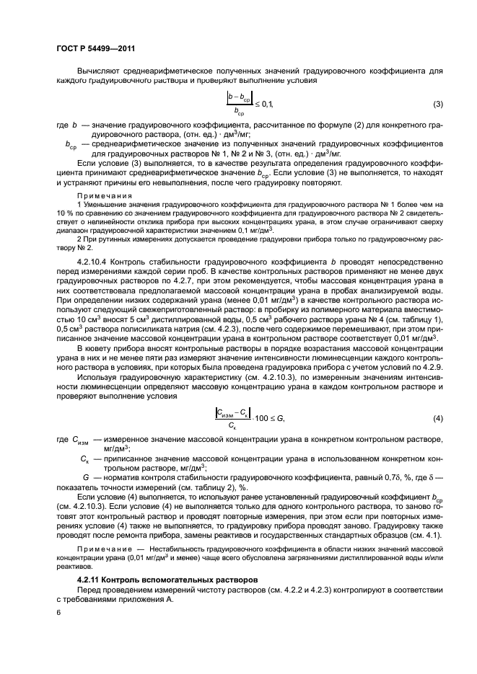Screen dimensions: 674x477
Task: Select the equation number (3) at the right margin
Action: click(x=437, y=105)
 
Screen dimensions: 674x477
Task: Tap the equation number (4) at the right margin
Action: click(x=437, y=419)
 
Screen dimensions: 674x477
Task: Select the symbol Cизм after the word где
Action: click(x=82, y=440)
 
